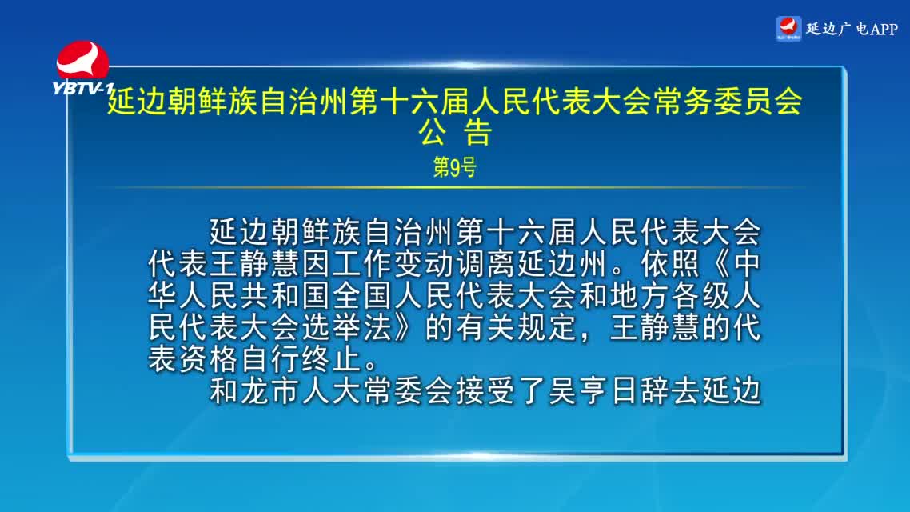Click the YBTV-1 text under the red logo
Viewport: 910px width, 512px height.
(x=82, y=88)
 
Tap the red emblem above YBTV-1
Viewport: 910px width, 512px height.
(x=82, y=59)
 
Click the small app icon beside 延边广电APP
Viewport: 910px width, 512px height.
(x=788, y=29)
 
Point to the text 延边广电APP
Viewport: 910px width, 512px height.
(x=852, y=29)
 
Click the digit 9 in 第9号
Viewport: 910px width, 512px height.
(x=455, y=168)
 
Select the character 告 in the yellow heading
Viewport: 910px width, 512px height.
(x=477, y=132)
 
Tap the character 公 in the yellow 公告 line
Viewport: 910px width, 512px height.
(x=433, y=132)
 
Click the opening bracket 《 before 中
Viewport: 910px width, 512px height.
(x=716, y=263)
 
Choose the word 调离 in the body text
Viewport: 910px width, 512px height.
(x=485, y=263)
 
